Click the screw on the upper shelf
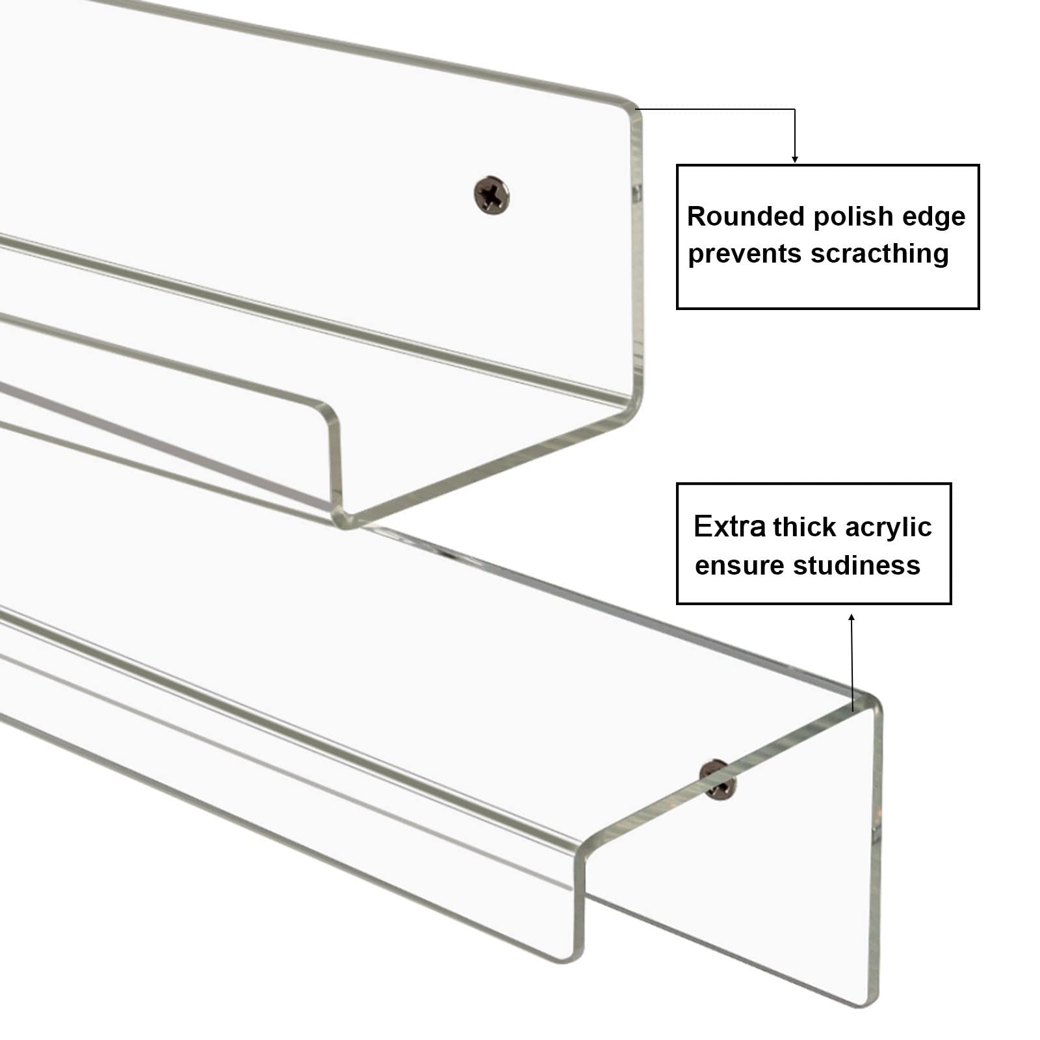tap(491, 194)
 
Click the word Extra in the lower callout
tap(729, 526)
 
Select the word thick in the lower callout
tap(805, 526)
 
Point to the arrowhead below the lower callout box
tap(851, 617)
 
